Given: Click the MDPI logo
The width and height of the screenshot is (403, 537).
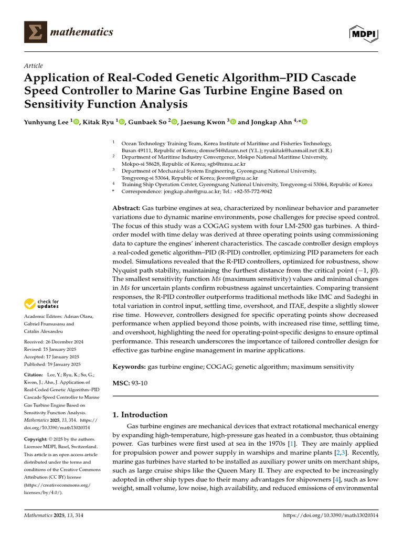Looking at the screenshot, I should pyautogui.click(x=364, y=33).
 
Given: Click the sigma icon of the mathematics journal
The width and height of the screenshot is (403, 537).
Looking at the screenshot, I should pyautogui.click(x=36, y=33).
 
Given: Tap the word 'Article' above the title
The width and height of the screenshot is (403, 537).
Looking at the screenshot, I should pyautogui.click(x=34, y=66).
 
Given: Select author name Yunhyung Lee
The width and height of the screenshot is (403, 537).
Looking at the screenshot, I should pyautogui.click(x=46, y=122).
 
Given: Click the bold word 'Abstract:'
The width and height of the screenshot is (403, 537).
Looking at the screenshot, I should pyautogui.click(x=126, y=208).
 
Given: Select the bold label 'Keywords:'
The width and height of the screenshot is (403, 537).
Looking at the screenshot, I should pyautogui.click(x=129, y=367).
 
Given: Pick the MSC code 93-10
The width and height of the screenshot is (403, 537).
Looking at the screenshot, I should pyautogui.click(x=140, y=383).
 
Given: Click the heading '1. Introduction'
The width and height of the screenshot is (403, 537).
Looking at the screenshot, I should pyautogui.click(x=140, y=414).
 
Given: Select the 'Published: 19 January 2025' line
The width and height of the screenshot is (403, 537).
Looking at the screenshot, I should pyautogui.click(x=52, y=364).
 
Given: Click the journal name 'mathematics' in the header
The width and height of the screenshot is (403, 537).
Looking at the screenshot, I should pyautogui.click(x=81, y=33).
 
